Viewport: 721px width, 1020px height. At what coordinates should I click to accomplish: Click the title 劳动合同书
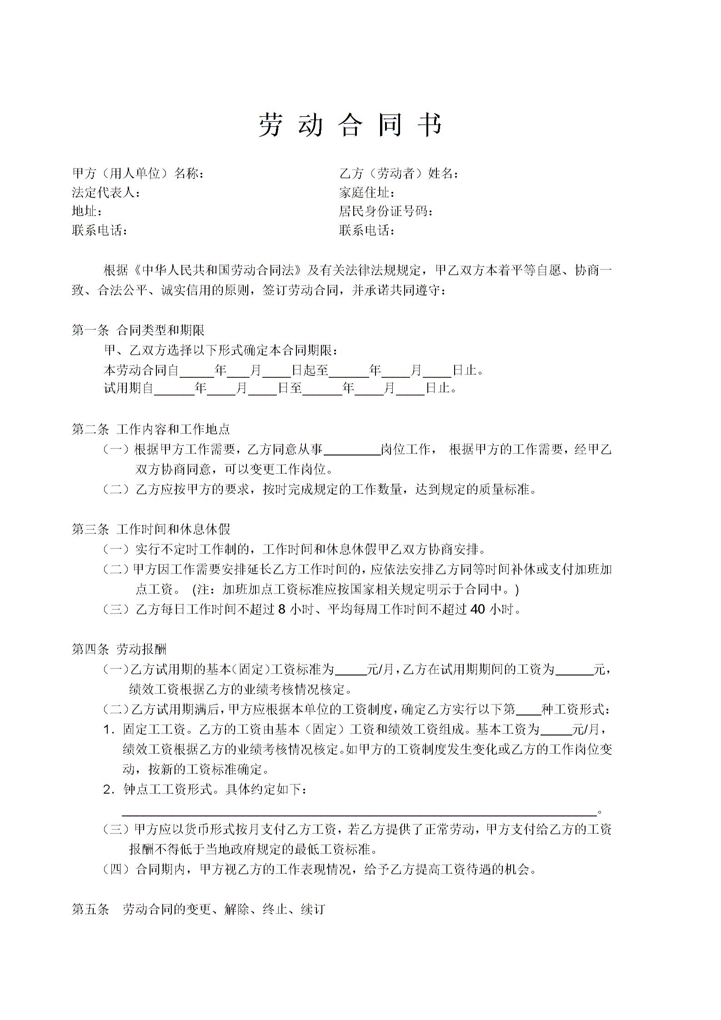point(350,125)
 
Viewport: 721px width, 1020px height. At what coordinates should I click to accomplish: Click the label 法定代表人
point(106,193)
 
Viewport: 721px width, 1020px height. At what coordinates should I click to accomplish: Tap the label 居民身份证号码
point(386,211)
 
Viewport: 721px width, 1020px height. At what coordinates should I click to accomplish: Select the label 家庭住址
point(366,193)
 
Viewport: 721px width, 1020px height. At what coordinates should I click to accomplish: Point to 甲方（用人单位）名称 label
point(138,174)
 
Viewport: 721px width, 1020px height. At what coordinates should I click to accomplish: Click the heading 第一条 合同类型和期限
point(138,330)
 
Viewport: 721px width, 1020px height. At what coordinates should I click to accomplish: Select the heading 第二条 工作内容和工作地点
point(151,429)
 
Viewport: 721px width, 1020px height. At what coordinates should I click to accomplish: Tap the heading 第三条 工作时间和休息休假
point(151,529)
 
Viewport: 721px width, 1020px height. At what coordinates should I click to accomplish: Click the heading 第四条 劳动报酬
point(119,650)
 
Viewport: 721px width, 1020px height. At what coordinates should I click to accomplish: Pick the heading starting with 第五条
point(198,909)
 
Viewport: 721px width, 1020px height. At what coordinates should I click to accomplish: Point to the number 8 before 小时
point(281,610)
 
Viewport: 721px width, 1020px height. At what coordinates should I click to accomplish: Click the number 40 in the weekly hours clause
point(478,610)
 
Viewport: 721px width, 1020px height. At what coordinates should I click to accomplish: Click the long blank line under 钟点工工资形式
point(359,813)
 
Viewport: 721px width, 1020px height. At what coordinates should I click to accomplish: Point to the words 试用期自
point(129,389)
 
